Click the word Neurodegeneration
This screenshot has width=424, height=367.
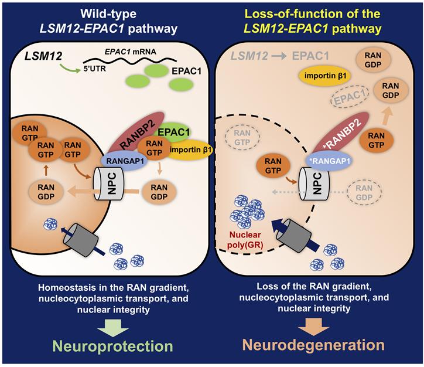pos(317,344)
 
